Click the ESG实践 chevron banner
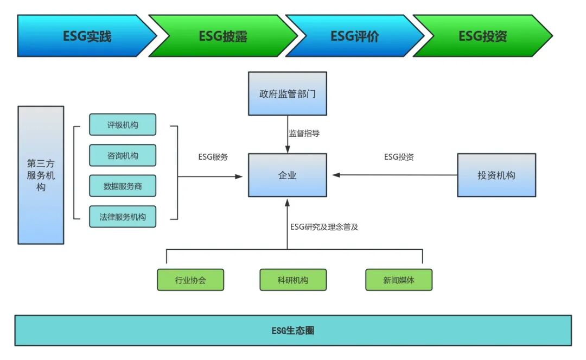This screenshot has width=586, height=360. (87, 36)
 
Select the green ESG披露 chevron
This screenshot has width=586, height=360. (222, 36)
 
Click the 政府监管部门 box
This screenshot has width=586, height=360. (287, 93)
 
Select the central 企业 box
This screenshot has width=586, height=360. (287, 175)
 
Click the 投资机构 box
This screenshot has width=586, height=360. (496, 175)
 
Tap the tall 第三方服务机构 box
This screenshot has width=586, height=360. (41, 175)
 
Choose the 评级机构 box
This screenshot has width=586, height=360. (123, 124)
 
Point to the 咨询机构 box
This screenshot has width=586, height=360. (123, 155)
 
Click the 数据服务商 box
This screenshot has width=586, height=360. (123, 186)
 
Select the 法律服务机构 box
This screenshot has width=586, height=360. (123, 217)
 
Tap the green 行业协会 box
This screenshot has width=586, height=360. (190, 280)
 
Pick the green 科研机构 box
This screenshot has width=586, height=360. (293, 280)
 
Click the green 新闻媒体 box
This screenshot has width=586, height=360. (399, 280)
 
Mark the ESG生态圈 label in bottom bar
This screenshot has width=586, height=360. (293, 330)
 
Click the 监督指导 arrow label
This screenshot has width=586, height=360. (304, 133)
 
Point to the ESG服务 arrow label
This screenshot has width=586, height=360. (213, 157)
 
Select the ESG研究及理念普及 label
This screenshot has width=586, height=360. (324, 227)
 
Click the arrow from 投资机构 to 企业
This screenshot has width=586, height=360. (396, 175)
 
